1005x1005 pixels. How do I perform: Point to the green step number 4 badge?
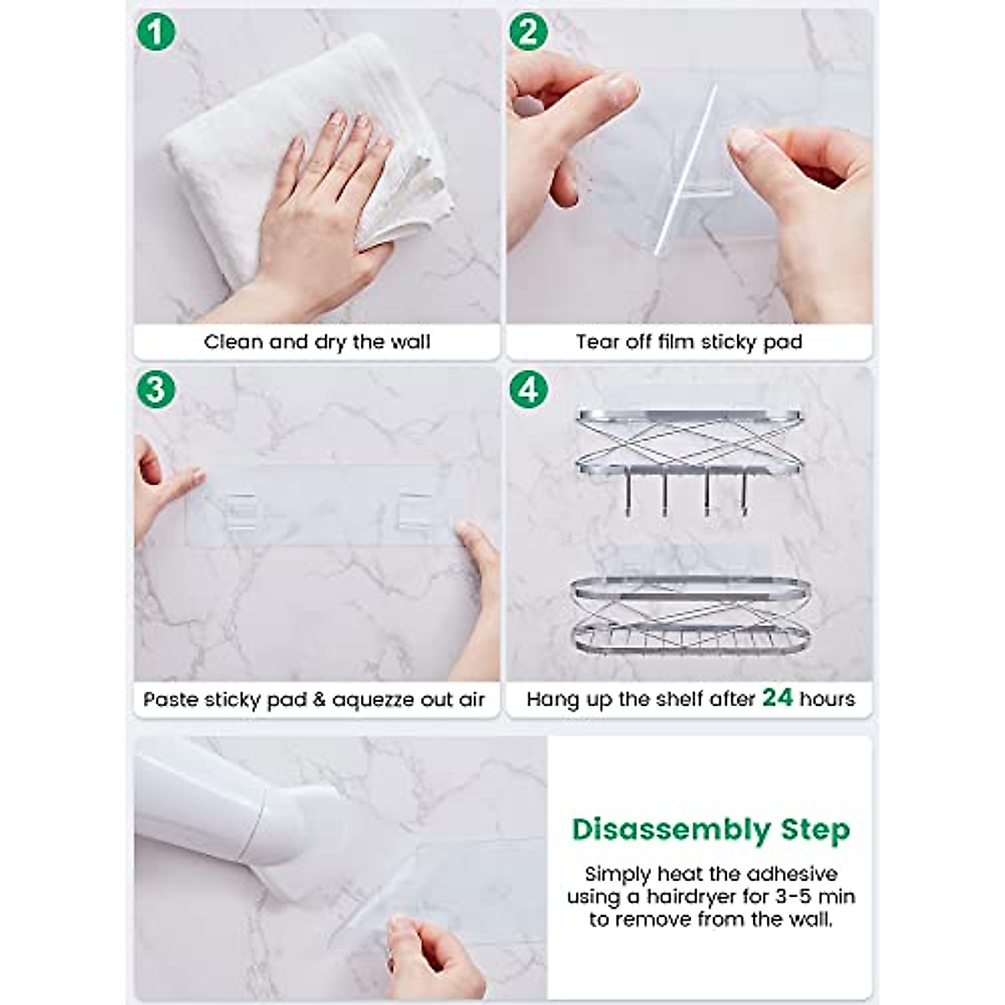coord(528,389)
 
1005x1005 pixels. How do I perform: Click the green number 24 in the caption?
coord(777,698)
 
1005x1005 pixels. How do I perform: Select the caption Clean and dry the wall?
coord(317,342)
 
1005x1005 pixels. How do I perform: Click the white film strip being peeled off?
coord(683,167)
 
